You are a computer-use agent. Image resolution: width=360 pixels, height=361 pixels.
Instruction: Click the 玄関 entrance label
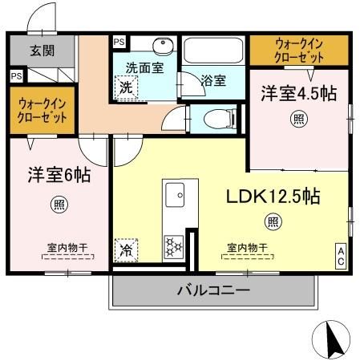[42, 51]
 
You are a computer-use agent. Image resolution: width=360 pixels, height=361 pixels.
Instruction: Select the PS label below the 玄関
[16, 75]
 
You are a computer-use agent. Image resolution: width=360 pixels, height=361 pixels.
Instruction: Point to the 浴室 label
[212, 80]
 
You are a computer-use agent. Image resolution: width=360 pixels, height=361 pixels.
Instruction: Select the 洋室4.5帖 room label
[297, 94]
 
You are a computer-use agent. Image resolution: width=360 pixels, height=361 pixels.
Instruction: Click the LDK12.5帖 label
[272, 195]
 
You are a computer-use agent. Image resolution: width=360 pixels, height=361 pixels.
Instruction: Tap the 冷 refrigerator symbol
[126, 249]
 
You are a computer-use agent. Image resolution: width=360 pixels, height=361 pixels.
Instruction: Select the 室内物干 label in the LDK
[247, 247]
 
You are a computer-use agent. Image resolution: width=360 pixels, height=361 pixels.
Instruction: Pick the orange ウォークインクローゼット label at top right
[300, 51]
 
